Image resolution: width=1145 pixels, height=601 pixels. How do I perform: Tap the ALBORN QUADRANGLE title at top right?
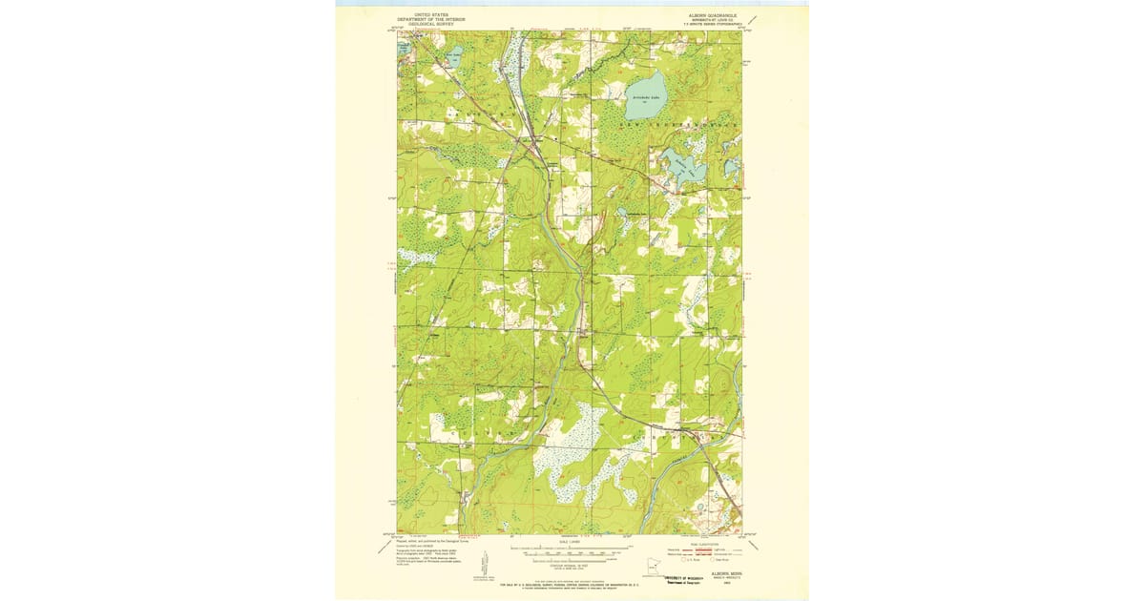pos(710,15)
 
